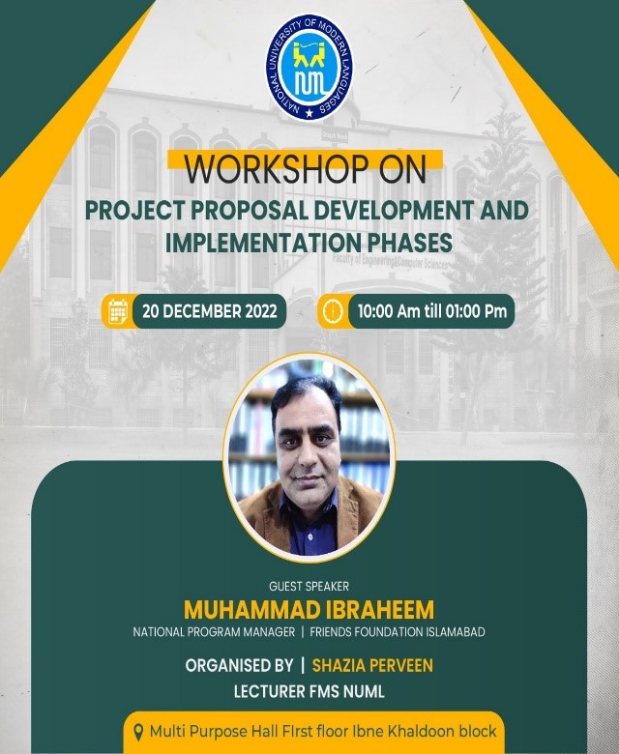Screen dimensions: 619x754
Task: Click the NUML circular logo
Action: coord(309,68)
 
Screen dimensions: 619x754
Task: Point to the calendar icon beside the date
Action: coord(118,311)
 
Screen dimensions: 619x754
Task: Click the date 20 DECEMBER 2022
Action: coord(209,311)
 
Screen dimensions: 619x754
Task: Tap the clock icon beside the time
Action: coord(334,311)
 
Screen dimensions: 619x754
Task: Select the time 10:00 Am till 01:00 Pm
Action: coord(432,311)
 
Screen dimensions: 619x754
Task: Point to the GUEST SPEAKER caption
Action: coord(309,586)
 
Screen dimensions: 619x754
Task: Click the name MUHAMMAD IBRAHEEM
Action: coord(309,610)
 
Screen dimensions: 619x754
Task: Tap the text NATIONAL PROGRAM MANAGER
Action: coord(214,632)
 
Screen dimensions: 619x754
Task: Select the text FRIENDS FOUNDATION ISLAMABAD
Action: coord(398,632)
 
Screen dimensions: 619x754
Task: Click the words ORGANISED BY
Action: coord(239,665)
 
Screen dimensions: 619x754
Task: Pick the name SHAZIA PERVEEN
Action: coord(372,665)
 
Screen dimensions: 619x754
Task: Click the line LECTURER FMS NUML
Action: coord(309,691)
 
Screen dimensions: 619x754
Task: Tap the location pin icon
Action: coord(138,733)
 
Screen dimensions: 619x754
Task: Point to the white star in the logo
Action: coord(309,113)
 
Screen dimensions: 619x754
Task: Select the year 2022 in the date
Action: coord(261,311)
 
